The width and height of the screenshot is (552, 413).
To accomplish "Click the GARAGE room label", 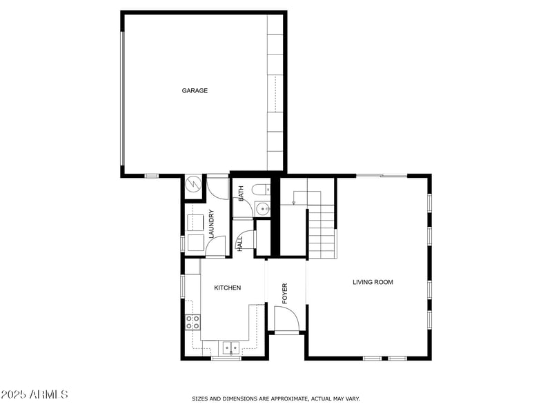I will click(195, 90).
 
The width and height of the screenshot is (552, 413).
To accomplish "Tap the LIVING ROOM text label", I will click(373, 282).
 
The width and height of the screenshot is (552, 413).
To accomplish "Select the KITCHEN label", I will click(227, 288).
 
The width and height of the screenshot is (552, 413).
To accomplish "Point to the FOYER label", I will click(284, 293).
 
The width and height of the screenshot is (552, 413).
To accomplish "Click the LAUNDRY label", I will click(212, 223).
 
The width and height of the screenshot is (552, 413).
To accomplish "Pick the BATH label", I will click(241, 194).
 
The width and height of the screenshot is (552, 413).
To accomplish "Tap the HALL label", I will click(240, 243).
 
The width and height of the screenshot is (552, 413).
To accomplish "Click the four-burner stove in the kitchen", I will click(193, 321).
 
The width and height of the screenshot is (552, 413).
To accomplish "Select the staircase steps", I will click(322, 234).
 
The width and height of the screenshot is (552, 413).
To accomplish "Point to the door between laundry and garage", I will click(218, 188).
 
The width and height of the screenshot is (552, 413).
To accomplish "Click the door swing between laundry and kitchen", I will click(215, 246).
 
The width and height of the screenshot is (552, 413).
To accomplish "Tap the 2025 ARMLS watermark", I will click(34, 395).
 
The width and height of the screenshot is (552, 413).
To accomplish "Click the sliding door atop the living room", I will click(381, 176).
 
